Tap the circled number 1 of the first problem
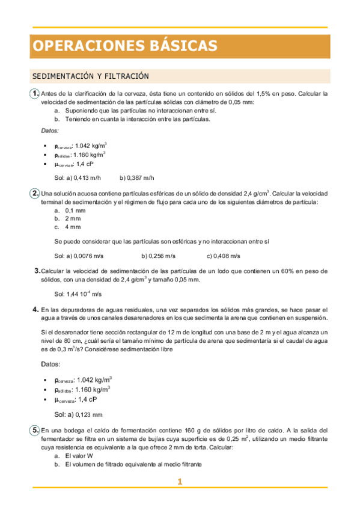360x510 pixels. pyautogui.click(x=35, y=93)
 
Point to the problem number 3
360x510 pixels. pyautogui.click(x=37, y=271)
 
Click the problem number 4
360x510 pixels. pyautogui.click(x=36, y=309)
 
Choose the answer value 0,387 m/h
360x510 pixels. pyautogui.click(x=141, y=178)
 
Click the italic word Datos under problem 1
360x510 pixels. pyautogui.click(x=50, y=131)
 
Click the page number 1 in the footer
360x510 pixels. pyautogui.click(x=179, y=481)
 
